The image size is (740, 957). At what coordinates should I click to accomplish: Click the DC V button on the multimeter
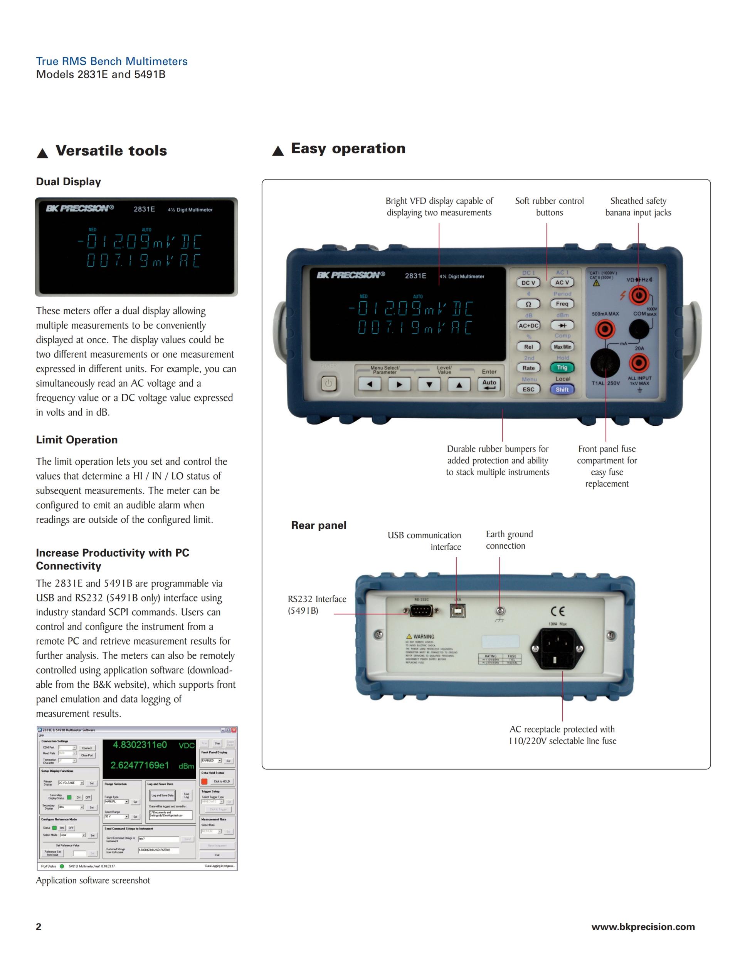point(528,283)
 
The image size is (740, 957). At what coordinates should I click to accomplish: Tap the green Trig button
point(562,368)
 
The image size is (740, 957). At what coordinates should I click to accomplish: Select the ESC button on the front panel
point(528,389)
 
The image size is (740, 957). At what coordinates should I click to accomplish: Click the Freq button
point(562,304)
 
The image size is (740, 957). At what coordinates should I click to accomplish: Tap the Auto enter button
point(489,384)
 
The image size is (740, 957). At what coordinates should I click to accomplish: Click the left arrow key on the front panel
point(370,384)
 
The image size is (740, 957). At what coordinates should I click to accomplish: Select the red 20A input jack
point(639,363)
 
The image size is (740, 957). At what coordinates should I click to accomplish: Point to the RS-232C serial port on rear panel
point(421,610)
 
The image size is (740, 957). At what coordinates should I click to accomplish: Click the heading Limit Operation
point(77,440)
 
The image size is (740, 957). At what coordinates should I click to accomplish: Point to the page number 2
point(39,927)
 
